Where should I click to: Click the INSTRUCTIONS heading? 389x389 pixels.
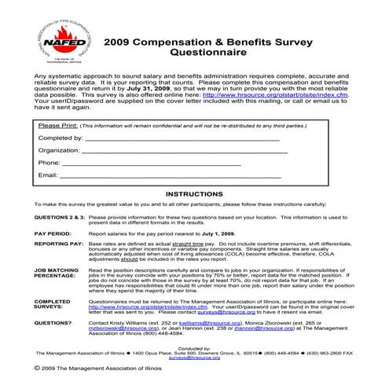tap(194, 193)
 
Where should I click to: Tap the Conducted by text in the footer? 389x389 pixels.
tap(195, 347)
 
